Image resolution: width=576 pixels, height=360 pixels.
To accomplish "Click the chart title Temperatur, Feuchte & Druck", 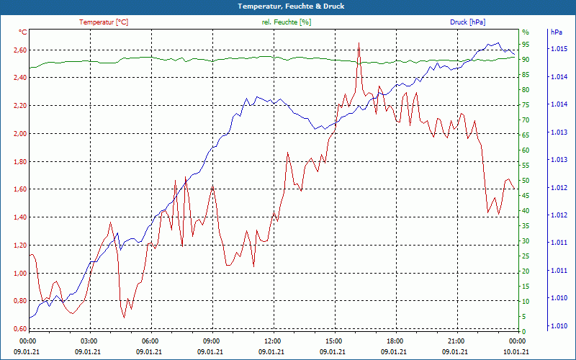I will (288, 6).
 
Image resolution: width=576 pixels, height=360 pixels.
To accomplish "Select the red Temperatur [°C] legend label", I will (104, 22).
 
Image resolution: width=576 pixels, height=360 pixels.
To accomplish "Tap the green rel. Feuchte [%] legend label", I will (287, 22).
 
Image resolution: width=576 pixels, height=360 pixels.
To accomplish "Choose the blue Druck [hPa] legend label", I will (467, 22).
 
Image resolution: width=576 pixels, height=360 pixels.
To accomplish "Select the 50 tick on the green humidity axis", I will (526, 181).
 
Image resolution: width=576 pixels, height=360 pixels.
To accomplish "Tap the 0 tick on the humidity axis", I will (523, 331).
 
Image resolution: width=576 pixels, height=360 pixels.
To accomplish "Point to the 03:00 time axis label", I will (89, 341).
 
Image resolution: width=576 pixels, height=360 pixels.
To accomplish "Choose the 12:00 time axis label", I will (273, 341).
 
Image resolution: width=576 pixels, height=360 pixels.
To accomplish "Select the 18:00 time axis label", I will (395, 341).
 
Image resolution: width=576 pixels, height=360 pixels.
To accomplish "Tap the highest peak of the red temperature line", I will (359, 42).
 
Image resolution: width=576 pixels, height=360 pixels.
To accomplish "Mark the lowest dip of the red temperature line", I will (124, 318).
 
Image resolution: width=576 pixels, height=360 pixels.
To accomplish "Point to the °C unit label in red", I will (23, 32).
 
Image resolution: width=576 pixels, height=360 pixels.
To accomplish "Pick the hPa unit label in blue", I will (557, 32).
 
